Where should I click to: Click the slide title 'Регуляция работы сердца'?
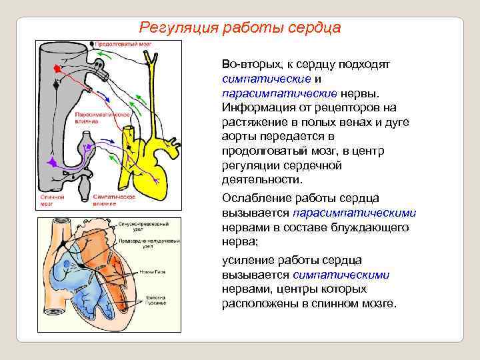tap(239, 28)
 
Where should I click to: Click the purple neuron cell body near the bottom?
tap(52, 162)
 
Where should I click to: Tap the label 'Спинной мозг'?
tap(51, 200)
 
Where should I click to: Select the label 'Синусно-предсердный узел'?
tap(140, 227)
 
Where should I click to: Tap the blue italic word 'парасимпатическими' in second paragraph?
tap(354, 213)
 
